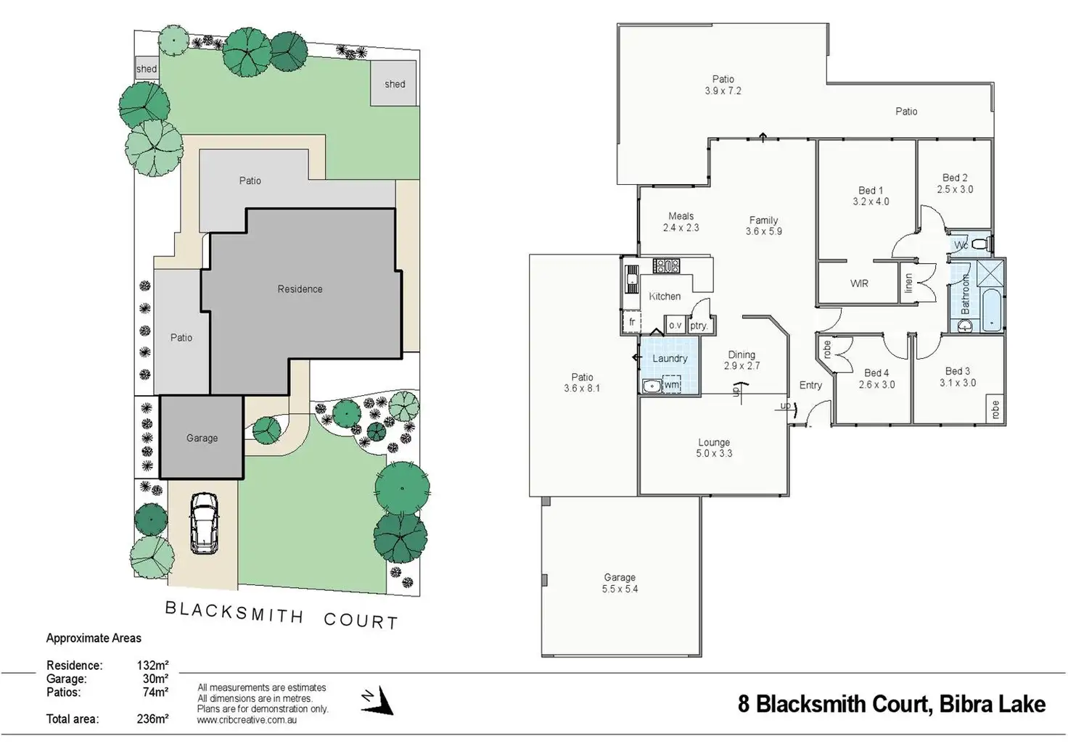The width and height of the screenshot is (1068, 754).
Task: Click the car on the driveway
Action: (x=205, y=523)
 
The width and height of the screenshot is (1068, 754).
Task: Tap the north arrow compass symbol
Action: (x=378, y=701)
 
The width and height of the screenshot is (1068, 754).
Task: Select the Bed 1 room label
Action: (x=871, y=190)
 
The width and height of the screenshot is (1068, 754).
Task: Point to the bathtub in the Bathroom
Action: (x=991, y=310)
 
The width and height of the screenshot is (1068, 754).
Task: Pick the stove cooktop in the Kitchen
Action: (x=666, y=265)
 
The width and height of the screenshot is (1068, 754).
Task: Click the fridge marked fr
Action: (x=632, y=322)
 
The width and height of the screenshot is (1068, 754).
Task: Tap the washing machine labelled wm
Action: (x=671, y=384)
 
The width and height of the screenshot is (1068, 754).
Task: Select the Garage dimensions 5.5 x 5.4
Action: (x=620, y=589)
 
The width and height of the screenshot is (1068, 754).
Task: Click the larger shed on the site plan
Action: (x=394, y=84)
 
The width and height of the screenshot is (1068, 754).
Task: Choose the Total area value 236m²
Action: (x=152, y=718)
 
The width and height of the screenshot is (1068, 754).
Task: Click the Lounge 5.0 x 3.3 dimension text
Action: (x=714, y=453)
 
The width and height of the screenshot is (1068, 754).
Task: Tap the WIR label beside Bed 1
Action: (x=859, y=283)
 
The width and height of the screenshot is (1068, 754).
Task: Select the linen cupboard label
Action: (x=908, y=283)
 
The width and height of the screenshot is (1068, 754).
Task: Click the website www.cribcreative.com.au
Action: (x=247, y=720)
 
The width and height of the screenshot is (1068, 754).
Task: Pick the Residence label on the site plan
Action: (x=300, y=289)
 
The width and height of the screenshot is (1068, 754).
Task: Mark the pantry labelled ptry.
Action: (x=699, y=325)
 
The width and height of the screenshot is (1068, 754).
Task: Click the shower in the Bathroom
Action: (x=990, y=273)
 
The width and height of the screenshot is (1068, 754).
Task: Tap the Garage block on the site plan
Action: (x=201, y=436)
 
